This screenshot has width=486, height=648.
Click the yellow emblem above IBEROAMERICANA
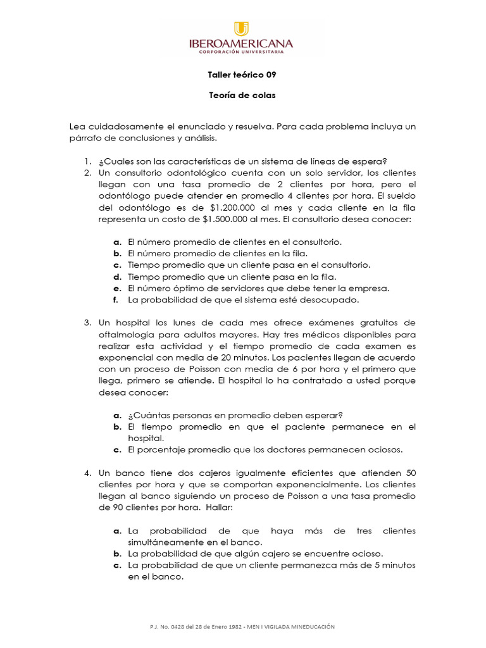point(241,29)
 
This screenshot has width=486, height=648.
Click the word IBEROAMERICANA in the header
point(242,44)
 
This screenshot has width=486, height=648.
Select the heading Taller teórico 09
point(242,75)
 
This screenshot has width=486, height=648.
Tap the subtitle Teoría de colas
point(242,96)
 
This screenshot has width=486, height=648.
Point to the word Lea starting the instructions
point(77,127)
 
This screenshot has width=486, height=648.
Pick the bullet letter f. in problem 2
point(116,300)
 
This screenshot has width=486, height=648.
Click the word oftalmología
point(126,335)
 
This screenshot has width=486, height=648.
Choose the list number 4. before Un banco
point(88,473)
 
